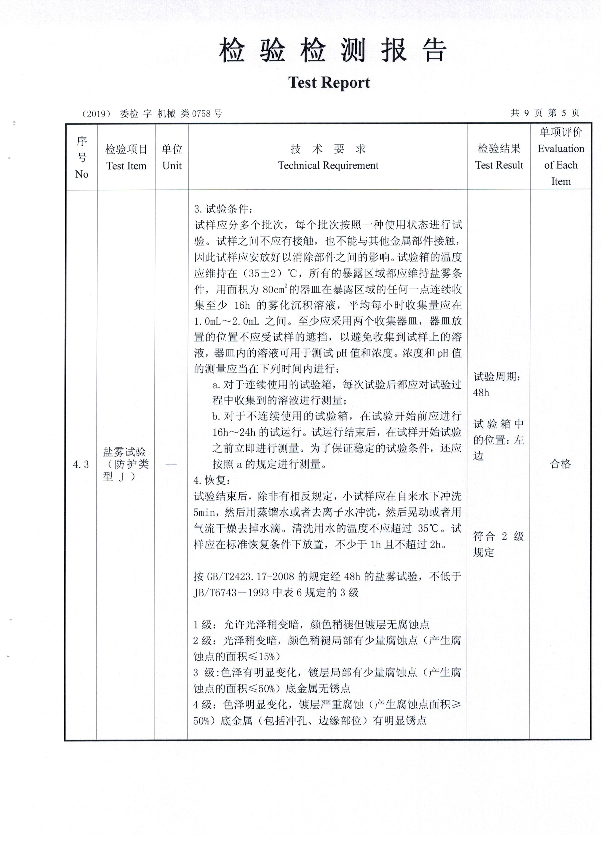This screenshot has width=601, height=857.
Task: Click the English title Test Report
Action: [329, 83]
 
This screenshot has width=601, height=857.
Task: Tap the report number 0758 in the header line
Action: [201, 113]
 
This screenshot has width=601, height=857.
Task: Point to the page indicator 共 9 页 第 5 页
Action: [545, 113]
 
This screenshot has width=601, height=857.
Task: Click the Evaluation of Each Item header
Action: [560, 157]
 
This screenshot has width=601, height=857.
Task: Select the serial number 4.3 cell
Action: [81, 465]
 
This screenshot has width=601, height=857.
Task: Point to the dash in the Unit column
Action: [171, 464]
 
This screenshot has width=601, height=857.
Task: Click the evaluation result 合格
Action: [560, 464]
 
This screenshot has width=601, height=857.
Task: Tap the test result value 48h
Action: [481, 393]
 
